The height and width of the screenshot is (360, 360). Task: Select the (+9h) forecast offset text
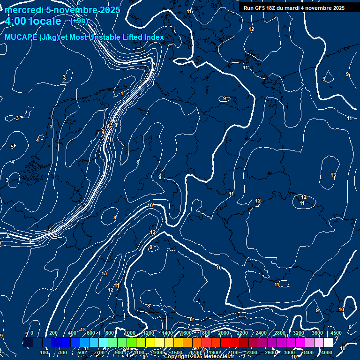(x=79, y=21)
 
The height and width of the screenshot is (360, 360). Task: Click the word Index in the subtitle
(x=154, y=37)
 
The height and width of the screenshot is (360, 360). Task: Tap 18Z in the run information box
(x=275, y=8)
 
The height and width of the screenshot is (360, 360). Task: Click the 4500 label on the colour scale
(x=336, y=333)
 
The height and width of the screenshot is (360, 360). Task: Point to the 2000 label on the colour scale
(x=224, y=333)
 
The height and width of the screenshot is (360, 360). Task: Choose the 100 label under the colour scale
(x=45, y=352)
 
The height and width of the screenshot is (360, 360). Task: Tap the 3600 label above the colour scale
(x=317, y=333)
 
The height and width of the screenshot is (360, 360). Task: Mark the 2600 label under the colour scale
(x=270, y=352)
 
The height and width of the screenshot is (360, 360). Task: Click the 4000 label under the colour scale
(x=327, y=352)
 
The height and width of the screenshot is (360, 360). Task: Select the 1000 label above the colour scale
(x=130, y=333)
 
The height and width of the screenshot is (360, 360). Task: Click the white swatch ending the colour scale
(x=328, y=343)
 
